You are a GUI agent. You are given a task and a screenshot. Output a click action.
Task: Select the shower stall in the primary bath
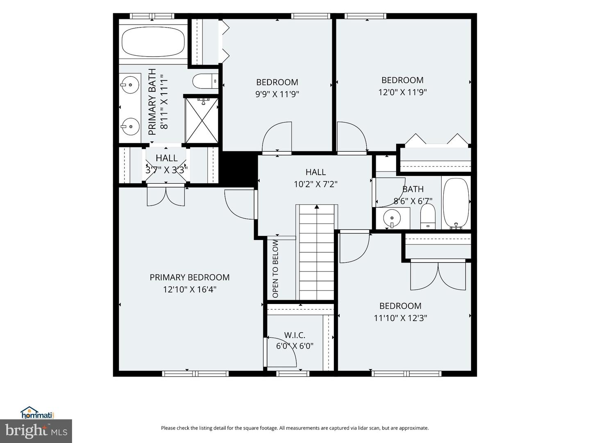[202, 120]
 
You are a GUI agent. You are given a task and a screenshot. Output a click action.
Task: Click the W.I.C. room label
[295, 335]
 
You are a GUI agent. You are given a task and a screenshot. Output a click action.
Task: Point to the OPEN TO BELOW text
[275, 269]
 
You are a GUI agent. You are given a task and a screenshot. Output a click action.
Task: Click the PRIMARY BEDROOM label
[190, 277]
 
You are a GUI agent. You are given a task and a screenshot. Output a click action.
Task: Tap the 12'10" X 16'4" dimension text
[190, 290]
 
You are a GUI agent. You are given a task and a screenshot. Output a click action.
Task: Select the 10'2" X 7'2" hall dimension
[315, 184]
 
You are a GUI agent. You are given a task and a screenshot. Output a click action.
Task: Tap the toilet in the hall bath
[428, 217]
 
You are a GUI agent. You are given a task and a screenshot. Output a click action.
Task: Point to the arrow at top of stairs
[317, 207]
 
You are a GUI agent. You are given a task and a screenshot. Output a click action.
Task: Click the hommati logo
[36, 413]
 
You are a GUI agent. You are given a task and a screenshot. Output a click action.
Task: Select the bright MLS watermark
[36, 431]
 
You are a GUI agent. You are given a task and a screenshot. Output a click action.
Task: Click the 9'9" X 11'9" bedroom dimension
[277, 94]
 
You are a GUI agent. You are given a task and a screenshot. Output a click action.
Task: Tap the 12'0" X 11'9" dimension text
[402, 92]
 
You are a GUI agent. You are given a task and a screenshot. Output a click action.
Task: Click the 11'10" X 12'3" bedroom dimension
[400, 318]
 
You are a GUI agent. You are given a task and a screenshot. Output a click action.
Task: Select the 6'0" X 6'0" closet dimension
[295, 346]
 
